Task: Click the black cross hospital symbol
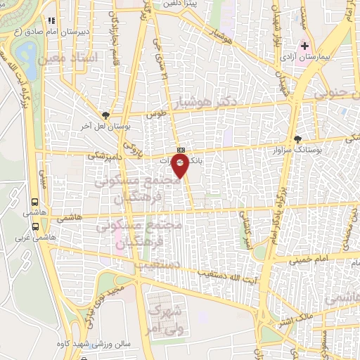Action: coord(304,47)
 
